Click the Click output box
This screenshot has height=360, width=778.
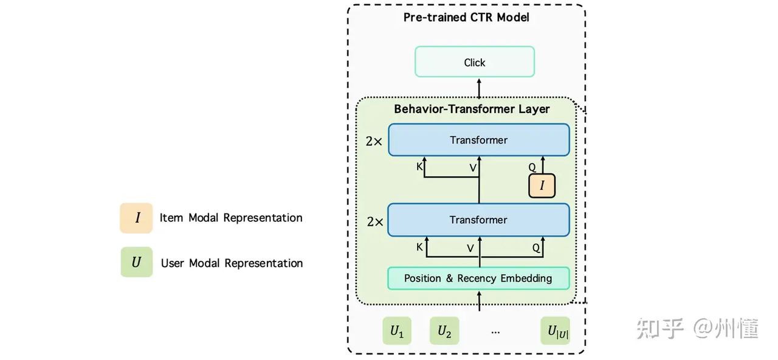475,62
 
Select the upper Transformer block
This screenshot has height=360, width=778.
479,140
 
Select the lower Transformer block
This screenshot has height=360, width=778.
479,220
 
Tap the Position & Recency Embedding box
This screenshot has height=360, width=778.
478,279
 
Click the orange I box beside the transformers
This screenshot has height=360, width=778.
542,185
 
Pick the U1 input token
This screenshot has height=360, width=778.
397,331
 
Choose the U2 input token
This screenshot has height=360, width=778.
444,331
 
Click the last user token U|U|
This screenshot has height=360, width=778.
555,331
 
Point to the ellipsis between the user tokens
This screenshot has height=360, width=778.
495,332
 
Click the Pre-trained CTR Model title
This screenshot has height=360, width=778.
466,17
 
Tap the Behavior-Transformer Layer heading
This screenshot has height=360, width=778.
472,109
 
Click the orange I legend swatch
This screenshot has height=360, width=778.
136,218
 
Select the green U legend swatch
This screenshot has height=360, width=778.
136,262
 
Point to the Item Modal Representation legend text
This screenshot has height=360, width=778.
231,218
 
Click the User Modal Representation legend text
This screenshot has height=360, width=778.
232,263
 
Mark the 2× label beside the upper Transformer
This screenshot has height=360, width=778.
374,141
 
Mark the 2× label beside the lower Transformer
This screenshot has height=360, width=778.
374,221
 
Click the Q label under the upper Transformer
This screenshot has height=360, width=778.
532,167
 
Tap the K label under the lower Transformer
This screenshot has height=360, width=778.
419,247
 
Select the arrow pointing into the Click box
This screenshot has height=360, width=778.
479,88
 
